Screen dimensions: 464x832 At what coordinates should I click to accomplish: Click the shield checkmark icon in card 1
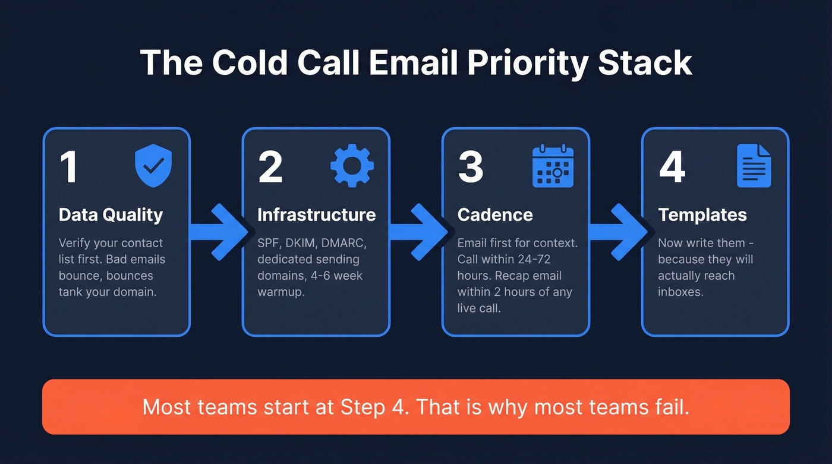pos(153,167)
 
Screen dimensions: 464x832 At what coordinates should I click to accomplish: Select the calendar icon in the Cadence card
pos(553,167)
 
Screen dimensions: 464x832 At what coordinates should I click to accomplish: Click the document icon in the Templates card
pos(754,166)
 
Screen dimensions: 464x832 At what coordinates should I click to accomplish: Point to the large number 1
pos(69,168)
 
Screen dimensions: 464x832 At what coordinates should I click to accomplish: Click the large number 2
pos(270,168)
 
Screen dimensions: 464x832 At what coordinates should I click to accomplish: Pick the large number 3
pos(471,168)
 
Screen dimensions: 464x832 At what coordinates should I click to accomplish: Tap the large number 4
pos(672,168)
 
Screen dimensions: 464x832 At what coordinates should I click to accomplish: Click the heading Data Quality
pos(111,214)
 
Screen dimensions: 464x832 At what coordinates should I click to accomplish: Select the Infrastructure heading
pos(316,214)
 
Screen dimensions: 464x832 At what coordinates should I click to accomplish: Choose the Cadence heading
pos(494,214)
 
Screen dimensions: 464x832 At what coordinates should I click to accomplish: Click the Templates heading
pos(702,214)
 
